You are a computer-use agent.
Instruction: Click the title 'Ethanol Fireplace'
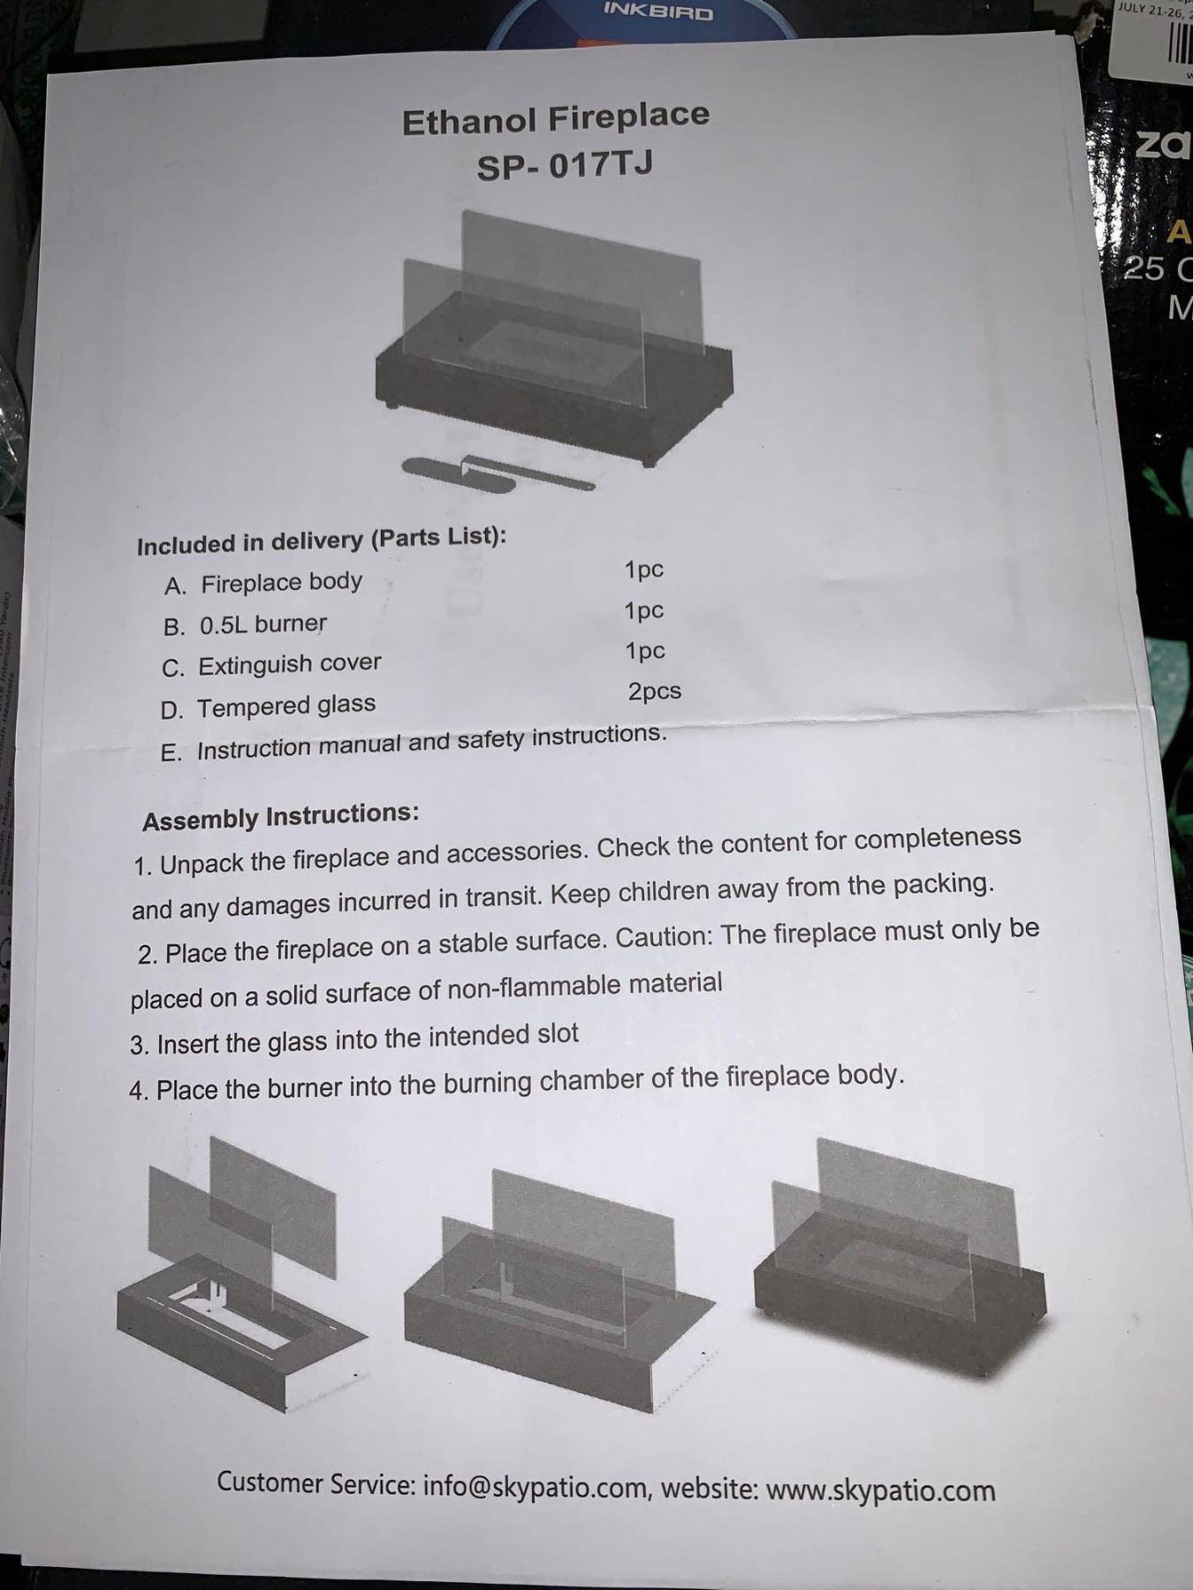[x=556, y=118]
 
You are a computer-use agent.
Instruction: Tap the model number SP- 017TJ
[x=565, y=165]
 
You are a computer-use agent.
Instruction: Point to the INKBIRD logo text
[x=657, y=11]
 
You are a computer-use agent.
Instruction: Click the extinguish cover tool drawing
[x=498, y=473]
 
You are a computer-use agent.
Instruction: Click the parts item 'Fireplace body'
[x=281, y=583]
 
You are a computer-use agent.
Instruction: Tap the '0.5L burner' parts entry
[x=262, y=625]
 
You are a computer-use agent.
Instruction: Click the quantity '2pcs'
[x=655, y=692]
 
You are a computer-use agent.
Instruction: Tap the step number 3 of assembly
[x=140, y=1046]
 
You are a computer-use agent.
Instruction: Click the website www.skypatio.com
[x=880, y=1490]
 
